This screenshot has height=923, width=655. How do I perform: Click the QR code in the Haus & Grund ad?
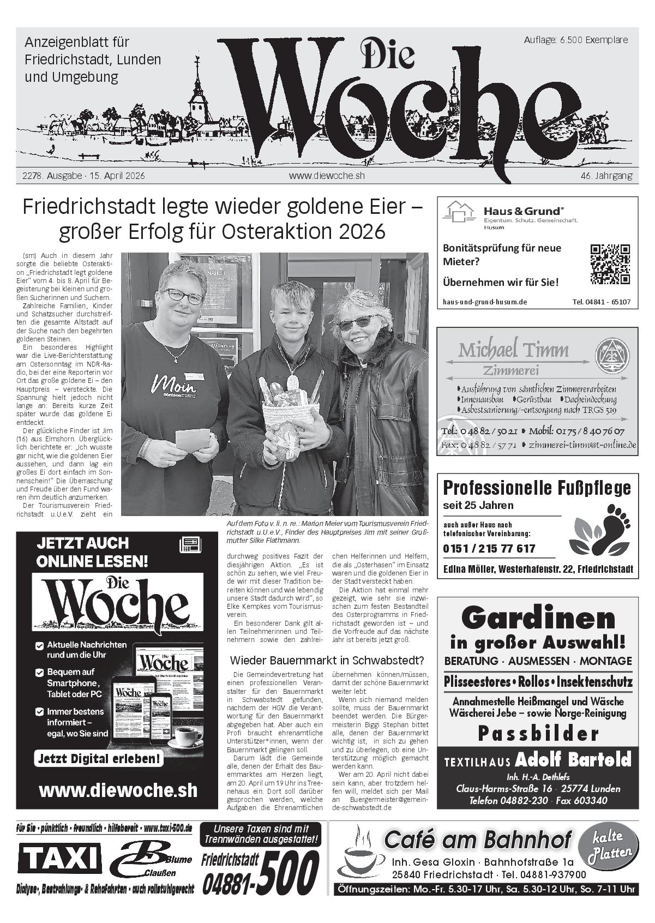[x=610, y=264]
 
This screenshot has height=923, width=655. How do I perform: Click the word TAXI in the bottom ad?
[x=59, y=859]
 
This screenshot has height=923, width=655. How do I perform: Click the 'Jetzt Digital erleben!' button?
[x=99, y=758]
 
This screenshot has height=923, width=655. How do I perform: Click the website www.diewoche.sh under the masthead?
[x=327, y=176]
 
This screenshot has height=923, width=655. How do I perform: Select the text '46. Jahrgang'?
[x=606, y=176]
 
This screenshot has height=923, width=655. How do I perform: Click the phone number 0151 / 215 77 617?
[x=489, y=548]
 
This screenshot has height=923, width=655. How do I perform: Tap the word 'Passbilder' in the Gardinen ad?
[x=538, y=734]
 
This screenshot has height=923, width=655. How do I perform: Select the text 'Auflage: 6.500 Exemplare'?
[x=575, y=40]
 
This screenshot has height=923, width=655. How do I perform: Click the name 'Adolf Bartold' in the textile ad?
[x=573, y=759]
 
